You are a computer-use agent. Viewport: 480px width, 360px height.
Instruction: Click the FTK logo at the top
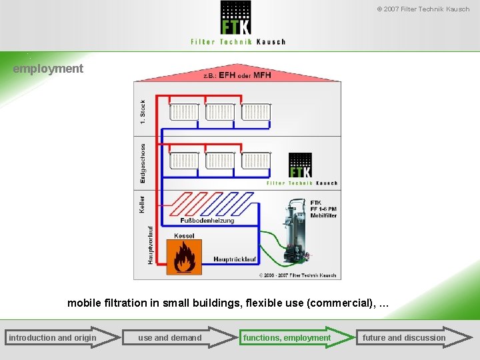tap(237, 23)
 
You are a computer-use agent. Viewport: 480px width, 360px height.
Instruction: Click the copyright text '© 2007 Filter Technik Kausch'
tap(423, 9)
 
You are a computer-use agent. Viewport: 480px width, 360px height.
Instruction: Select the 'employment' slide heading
tap(48, 68)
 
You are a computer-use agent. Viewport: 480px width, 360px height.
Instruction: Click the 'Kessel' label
tap(184, 236)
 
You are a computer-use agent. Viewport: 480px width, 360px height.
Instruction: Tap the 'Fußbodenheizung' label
tap(207, 220)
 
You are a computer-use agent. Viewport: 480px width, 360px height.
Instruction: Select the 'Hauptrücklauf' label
tap(235, 259)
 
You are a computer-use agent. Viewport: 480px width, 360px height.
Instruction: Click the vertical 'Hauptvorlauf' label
tap(150, 243)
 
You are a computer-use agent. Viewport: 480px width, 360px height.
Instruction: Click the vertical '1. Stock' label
tap(142, 111)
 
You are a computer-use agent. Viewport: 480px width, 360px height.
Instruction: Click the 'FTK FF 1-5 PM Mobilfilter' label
tap(323, 208)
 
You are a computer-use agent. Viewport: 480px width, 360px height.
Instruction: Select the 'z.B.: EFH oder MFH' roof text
tap(237, 75)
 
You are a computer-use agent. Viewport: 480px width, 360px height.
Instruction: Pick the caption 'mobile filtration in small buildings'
tap(227, 303)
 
